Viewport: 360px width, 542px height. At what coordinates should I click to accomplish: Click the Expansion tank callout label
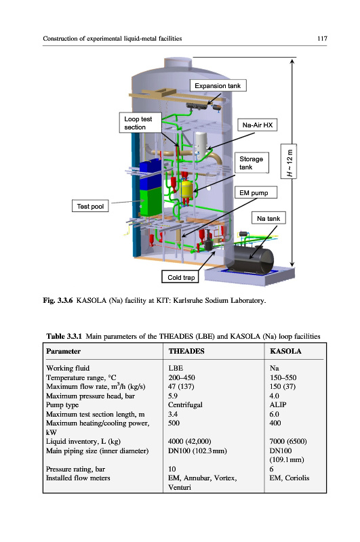[218, 86]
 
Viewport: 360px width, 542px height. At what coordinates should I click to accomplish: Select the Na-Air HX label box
[258, 125]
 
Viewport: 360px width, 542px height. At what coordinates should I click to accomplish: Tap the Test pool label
[90, 206]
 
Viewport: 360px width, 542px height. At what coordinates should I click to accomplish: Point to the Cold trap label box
[180, 277]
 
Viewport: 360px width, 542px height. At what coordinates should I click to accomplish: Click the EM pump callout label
[256, 192]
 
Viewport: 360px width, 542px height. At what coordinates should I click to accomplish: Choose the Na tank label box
[268, 218]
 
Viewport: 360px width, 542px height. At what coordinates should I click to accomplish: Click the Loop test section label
[140, 123]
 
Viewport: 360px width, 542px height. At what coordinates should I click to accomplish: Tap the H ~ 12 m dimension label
[289, 161]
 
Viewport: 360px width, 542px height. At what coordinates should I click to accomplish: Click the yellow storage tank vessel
[187, 188]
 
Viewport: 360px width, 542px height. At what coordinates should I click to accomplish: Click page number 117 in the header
[322, 39]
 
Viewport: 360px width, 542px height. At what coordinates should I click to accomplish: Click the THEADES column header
[186, 351]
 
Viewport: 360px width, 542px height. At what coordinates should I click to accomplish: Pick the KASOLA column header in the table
[285, 351]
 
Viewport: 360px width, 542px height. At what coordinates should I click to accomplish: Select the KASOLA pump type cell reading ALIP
[278, 404]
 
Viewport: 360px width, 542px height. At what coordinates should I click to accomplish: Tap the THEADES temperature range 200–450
[182, 377]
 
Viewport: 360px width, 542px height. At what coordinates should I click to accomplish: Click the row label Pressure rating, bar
[75, 469]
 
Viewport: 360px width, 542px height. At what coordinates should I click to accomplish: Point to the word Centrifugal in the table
[185, 404]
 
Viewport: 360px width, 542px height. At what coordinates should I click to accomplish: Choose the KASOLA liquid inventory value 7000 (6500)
[288, 442]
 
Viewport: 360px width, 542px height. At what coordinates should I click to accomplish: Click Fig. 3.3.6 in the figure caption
[58, 300]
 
